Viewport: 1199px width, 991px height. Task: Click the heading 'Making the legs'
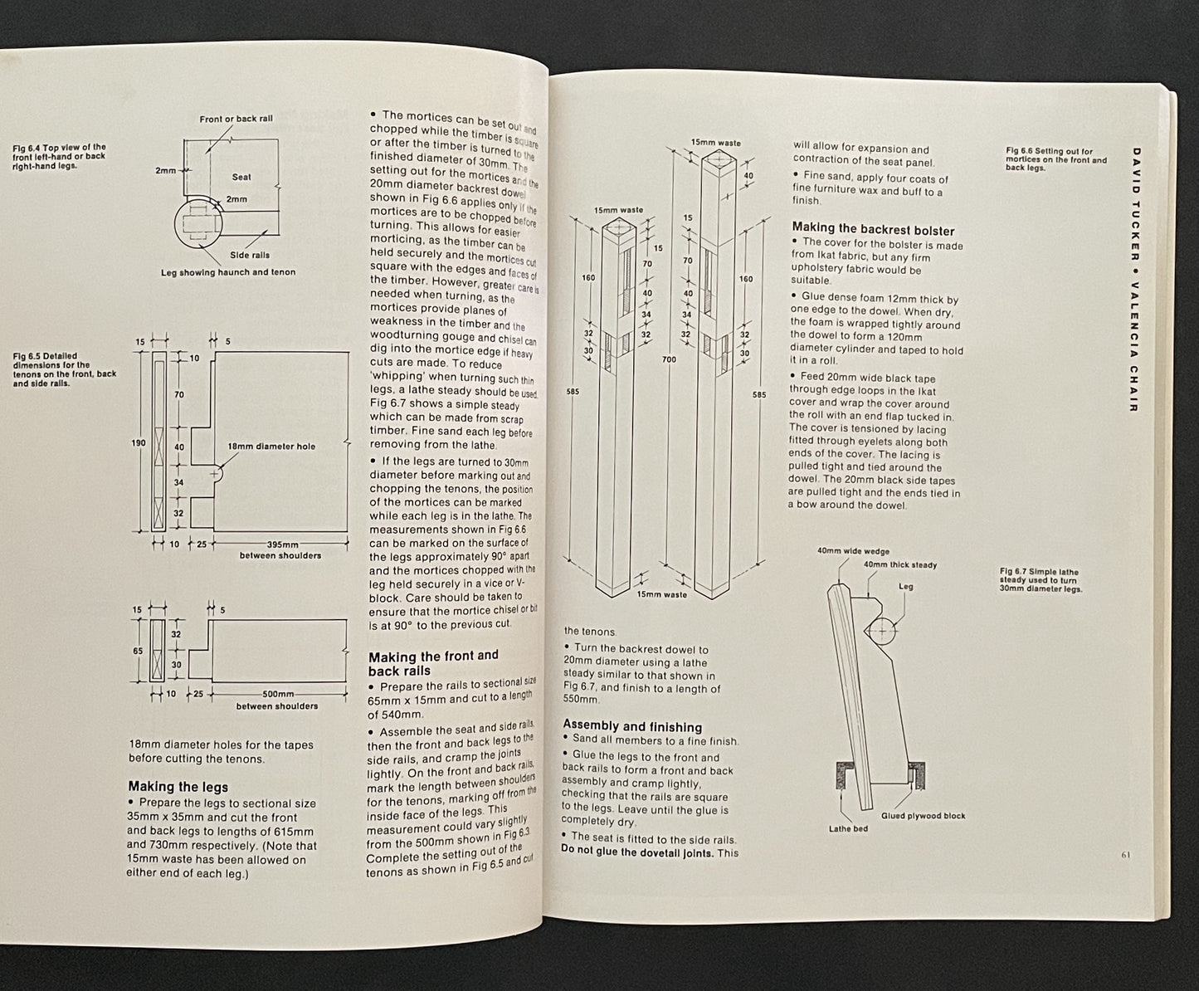[178, 787]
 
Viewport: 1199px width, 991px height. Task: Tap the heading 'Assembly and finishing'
[632, 726]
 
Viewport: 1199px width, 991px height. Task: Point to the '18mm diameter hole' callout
[271, 447]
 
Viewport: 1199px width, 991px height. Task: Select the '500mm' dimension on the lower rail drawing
[276, 695]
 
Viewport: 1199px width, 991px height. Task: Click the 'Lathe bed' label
[848, 828]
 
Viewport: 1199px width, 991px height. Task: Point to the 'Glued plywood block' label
[924, 816]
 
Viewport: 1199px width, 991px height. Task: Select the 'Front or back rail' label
[236, 119]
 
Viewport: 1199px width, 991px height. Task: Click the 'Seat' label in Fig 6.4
[241, 177]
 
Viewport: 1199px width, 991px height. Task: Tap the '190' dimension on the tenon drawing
[139, 443]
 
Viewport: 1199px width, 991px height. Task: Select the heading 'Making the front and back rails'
[432, 663]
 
